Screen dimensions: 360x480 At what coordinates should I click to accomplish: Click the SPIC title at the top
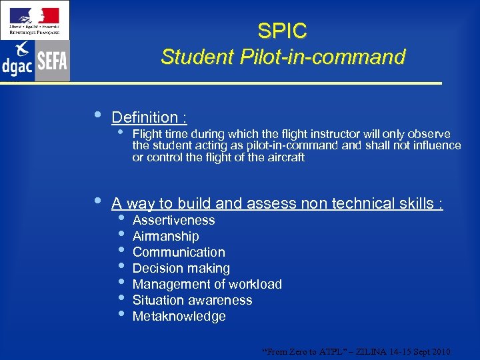tap(282, 31)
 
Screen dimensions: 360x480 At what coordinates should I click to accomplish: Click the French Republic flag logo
tap(35, 15)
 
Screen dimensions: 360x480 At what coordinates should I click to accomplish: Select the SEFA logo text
tap(52, 61)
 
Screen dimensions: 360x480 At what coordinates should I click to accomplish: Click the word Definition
tap(145, 117)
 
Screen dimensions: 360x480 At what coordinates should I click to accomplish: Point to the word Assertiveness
tap(173, 220)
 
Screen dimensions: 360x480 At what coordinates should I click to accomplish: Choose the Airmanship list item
tap(165, 236)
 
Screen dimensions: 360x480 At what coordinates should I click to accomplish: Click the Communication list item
tap(179, 252)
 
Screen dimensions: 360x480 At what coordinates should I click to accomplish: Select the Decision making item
tap(181, 268)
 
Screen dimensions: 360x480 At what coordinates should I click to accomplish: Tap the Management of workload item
tap(207, 284)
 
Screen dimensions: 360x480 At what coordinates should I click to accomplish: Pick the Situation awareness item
tap(192, 300)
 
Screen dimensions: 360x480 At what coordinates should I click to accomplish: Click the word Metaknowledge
tap(179, 316)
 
